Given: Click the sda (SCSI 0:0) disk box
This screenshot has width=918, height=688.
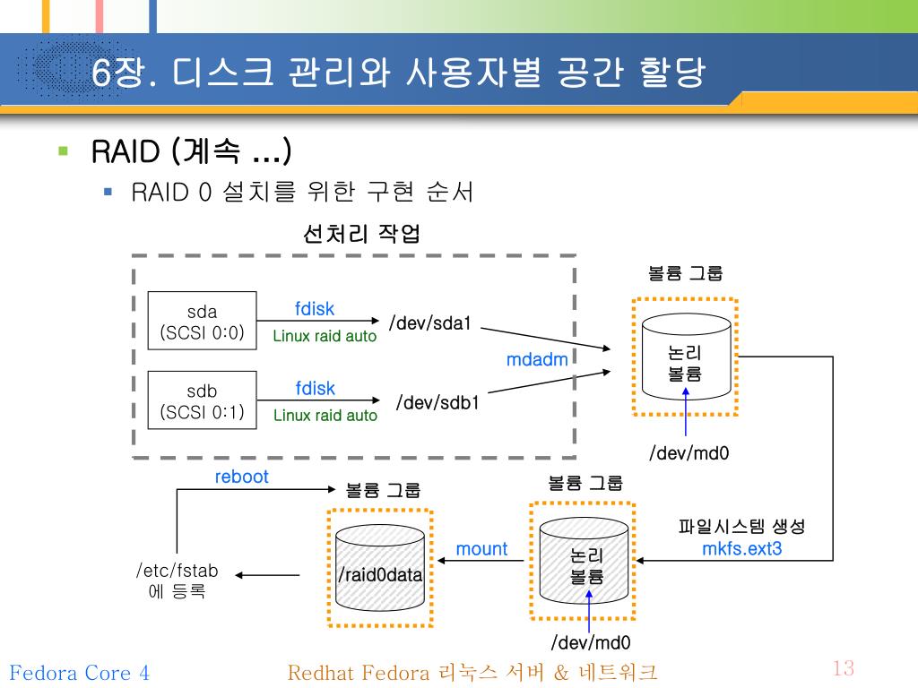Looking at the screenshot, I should (202, 321).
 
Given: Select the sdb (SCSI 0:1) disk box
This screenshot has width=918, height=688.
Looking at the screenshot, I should (202, 401).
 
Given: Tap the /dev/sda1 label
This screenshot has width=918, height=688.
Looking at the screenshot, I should (429, 322).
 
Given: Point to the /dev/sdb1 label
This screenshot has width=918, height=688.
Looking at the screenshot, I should (437, 402).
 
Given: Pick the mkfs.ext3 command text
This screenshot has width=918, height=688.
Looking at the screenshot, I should (741, 548).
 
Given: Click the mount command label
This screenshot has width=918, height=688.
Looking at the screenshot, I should (481, 549).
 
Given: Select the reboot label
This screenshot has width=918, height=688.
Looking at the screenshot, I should (241, 477).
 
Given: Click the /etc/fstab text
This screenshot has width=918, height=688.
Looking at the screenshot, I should (177, 571).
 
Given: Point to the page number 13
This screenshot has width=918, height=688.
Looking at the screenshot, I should (843, 668).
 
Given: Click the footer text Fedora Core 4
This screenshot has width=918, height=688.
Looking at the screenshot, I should (79, 673).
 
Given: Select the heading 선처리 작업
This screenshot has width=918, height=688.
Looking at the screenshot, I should (361, 235).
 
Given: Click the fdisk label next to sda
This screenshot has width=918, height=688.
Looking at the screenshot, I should (315, 309).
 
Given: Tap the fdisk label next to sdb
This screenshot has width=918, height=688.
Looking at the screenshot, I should (315, 389).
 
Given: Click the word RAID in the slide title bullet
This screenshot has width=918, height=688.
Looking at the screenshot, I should (125, 151).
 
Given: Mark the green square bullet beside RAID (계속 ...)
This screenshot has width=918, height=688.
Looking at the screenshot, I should (63, 150).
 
